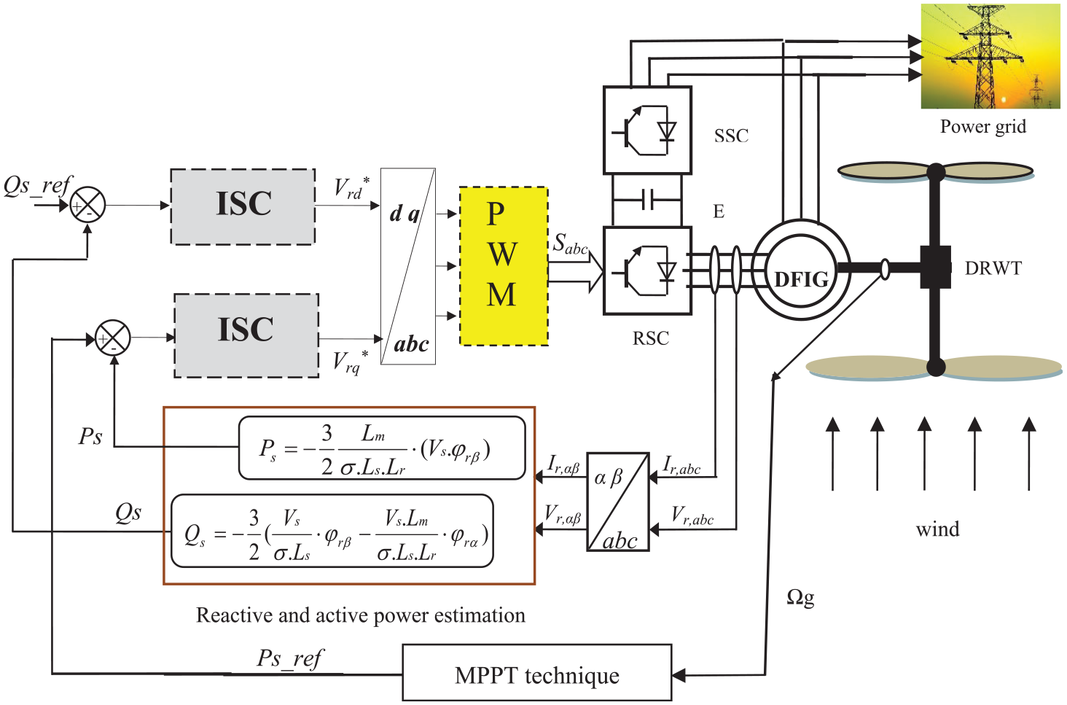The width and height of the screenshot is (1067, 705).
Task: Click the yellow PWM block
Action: point(504,266)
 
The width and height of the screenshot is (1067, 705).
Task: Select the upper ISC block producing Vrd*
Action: point(243,206)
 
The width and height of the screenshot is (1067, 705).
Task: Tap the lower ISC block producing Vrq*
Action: point(246,335)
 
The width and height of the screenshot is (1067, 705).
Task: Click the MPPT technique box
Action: point(537,672)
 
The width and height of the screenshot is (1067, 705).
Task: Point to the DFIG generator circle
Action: point(801,270)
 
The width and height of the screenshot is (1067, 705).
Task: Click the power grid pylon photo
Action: point(990,56)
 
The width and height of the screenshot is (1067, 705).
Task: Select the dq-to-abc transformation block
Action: point(407,266)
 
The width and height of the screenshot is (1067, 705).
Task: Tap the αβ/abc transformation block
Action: point(618,502)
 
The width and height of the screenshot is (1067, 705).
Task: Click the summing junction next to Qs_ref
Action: point(87,206)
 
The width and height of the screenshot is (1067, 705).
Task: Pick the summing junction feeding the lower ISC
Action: point(113,338)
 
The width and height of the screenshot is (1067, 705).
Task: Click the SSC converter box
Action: point(647,130)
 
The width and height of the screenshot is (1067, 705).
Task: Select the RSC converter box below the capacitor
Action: point(647,270)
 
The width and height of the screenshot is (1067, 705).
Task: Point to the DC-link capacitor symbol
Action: point(647,200)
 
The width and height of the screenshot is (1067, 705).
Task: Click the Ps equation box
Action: point(382,448)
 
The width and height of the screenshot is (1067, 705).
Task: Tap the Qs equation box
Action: point(332,531)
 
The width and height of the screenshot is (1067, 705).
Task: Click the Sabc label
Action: point(570,244)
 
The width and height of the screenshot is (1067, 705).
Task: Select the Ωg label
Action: point(800,598)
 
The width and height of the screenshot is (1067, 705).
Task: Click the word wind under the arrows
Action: point(937,529)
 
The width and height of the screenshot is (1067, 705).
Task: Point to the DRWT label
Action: point(993,268)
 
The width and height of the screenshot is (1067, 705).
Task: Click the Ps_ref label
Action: point(290,659)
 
